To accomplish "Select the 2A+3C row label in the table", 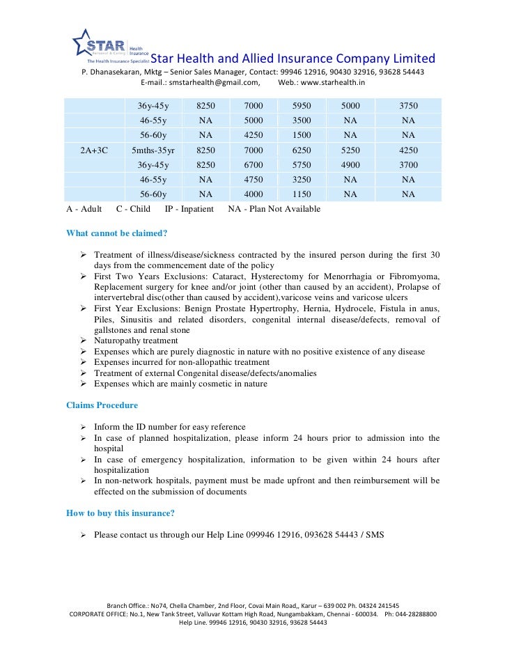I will (94, 150).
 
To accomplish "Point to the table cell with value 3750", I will (408, 106).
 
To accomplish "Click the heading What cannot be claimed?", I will (116, 233).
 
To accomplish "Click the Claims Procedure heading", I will (102, 405).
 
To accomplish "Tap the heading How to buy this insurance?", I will (120, 514).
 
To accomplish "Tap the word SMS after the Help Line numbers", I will (373, 535).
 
